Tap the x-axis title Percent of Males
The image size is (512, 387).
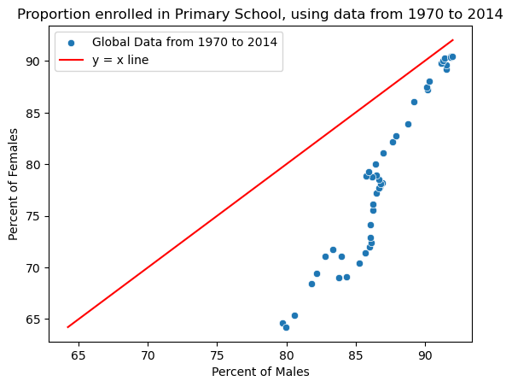point(260,372)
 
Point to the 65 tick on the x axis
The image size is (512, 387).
point(79,352)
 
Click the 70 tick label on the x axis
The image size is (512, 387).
point(148,352)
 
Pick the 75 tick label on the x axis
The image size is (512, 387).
point(217,352)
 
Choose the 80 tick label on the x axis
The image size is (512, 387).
point(286,352)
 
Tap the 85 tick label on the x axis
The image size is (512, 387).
point(356,352)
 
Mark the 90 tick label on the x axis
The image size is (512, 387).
point(425,352)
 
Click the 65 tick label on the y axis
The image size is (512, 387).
point(34,320)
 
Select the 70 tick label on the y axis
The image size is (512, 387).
point(34,268)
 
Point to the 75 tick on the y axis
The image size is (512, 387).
point(34,216)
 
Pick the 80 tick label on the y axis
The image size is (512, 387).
point(34,164)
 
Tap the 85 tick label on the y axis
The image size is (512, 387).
point(34,113)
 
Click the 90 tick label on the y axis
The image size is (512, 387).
point(34,61)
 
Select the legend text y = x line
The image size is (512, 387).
point(120,60)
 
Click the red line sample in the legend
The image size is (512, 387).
point(73,60)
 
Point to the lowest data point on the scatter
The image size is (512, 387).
point(286,327)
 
